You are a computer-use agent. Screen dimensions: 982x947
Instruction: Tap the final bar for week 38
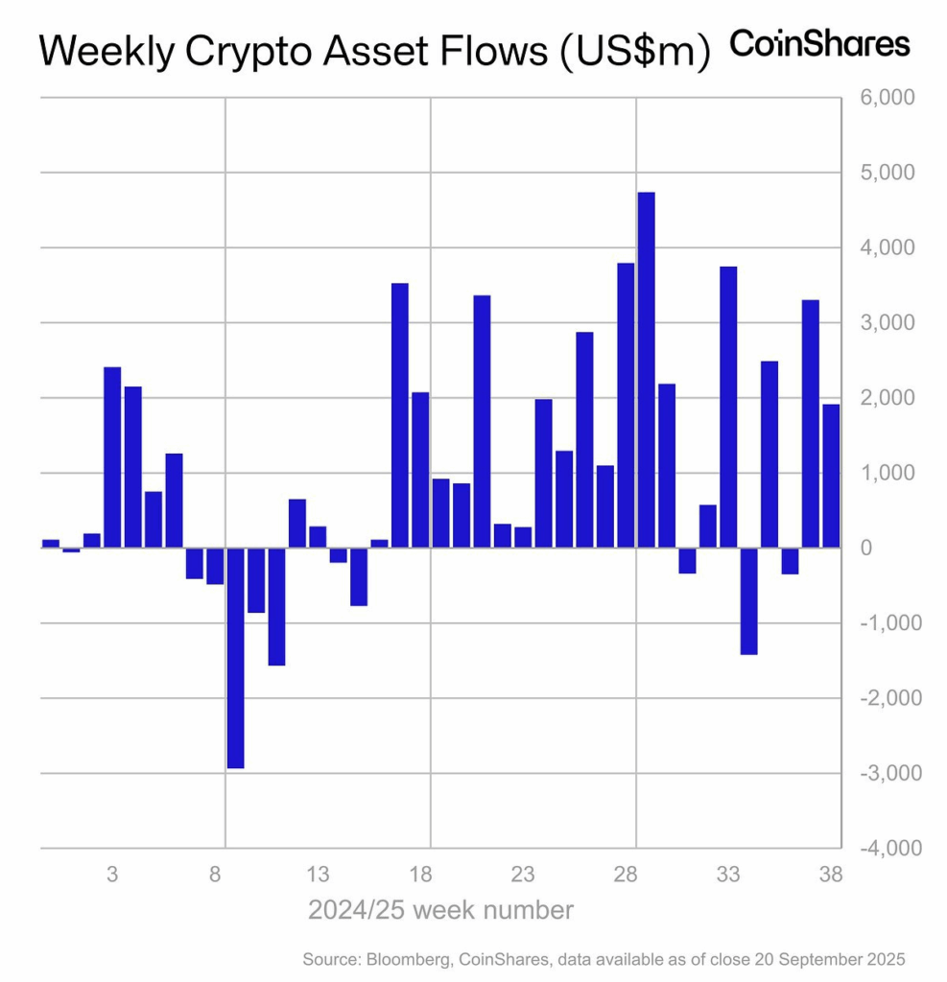click(x=831, y=476)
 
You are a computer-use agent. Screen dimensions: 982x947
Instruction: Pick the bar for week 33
click(x=728, y=407)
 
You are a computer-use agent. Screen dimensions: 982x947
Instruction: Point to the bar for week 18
click(x=420, y=470)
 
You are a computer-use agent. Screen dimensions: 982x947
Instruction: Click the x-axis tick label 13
click(x=318, y=875)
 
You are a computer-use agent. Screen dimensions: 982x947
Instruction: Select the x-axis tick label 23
click(x=523, y=875)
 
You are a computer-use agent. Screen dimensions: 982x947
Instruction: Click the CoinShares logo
click(x=820, y=44)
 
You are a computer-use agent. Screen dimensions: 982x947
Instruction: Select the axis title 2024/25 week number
click(x=441, y=909)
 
